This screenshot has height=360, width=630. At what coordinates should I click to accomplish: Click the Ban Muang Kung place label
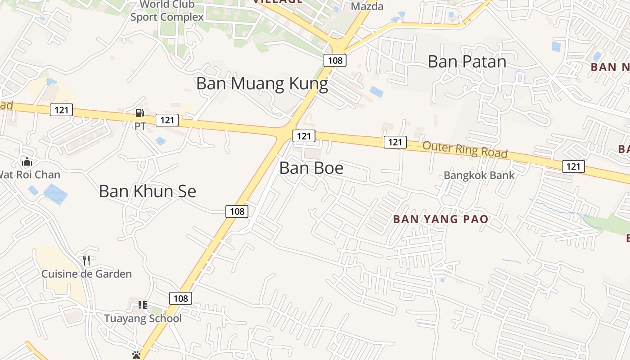(262, 84)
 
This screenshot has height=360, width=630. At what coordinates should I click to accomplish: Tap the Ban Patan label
(467, 61)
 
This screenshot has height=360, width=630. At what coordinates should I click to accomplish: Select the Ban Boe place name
(311, 168)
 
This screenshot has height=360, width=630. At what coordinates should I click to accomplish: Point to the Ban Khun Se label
(147, 191)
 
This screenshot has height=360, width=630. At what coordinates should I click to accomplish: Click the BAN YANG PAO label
(441, 220)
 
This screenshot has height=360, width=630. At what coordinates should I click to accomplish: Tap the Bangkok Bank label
(479, 175)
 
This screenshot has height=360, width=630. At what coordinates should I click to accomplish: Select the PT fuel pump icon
(140, 113)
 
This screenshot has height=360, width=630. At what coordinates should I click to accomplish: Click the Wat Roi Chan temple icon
(27, 161)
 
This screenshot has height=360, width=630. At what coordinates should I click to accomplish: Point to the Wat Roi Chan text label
(30, 174)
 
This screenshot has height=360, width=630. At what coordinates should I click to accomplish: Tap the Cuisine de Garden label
(86, 274)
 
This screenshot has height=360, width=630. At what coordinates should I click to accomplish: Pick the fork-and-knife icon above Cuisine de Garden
(86, 260)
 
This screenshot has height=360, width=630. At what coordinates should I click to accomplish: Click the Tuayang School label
(143, 319)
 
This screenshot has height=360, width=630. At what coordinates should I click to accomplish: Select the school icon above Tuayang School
(143, 306)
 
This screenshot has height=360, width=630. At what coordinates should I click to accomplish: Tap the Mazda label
(367, 6)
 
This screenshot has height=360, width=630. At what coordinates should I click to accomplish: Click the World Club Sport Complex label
(167, 11)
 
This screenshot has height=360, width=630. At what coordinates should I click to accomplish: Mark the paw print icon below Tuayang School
(136, 355)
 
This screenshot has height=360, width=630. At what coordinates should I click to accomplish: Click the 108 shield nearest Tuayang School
(180, 298)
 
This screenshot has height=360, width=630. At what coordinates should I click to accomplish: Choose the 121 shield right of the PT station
(167, 120)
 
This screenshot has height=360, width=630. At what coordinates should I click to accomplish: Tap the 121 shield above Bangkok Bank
(573, 166)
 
